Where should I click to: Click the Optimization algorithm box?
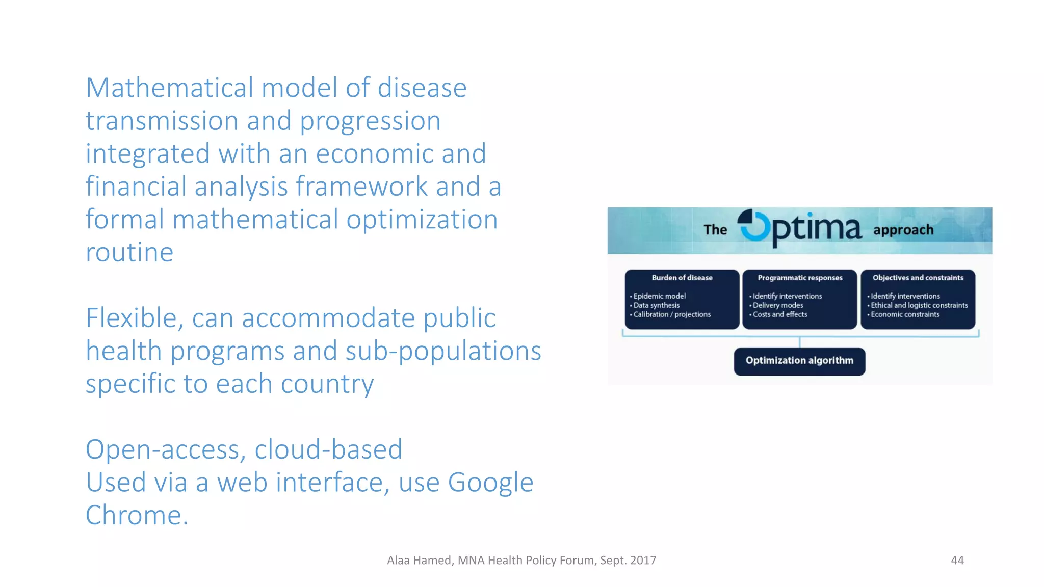click(799, 361)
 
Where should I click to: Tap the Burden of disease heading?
click(682, 278)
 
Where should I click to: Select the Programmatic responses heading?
click(800, 278)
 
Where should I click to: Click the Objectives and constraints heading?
click(918, 278)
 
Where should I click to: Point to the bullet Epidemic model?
click(659, 296)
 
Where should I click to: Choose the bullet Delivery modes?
click(777, 305)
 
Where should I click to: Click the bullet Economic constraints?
click(905, 314)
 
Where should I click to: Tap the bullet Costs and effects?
click(780, 314)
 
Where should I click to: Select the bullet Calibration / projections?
click(671, 314)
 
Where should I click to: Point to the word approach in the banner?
click(903, 230)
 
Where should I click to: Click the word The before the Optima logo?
click(715, 230)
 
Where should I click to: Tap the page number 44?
click(957, 561)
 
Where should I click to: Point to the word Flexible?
click(131, 318)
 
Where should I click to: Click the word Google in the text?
click(490, 483)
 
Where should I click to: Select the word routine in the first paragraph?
click(129, 252)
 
